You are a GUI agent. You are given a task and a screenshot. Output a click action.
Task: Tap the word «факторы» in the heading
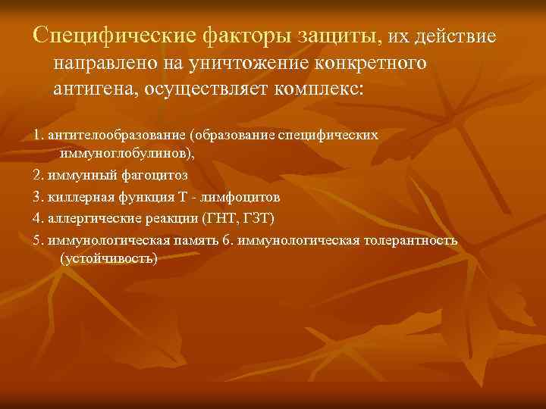coord(252,36)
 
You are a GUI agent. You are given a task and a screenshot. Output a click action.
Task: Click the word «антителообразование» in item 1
coord(117,134)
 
